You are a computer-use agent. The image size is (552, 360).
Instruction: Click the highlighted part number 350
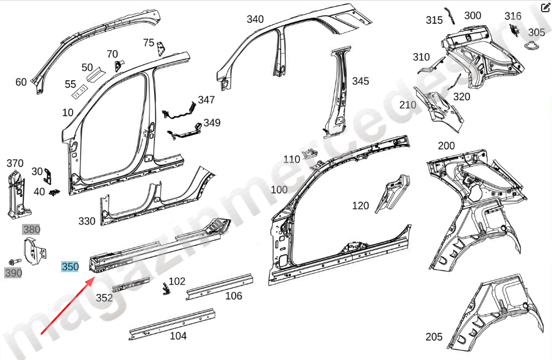point(70,267)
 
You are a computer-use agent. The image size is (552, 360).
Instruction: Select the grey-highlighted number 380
point(31,229)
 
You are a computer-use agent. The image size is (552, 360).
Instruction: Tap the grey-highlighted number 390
point(13,273)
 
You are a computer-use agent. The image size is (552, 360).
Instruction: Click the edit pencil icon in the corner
point(545,9)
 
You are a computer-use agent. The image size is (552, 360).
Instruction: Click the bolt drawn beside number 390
point(14,261)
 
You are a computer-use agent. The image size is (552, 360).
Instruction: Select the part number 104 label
point(178,336)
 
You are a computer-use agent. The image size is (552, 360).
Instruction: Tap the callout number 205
point(434,337)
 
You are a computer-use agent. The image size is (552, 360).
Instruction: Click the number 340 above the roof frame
point(255,20)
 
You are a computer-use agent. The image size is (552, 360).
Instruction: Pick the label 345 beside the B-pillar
point(360,81)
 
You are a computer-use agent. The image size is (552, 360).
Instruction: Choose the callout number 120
point(360,206)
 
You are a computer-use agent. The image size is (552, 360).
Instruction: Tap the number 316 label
point(513,16)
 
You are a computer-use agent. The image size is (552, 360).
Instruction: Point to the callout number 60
point(21,82)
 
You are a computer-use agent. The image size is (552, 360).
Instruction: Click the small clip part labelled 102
point(165,289)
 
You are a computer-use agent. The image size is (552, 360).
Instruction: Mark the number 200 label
point(446,145)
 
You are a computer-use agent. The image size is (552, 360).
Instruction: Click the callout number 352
point(104,298)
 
